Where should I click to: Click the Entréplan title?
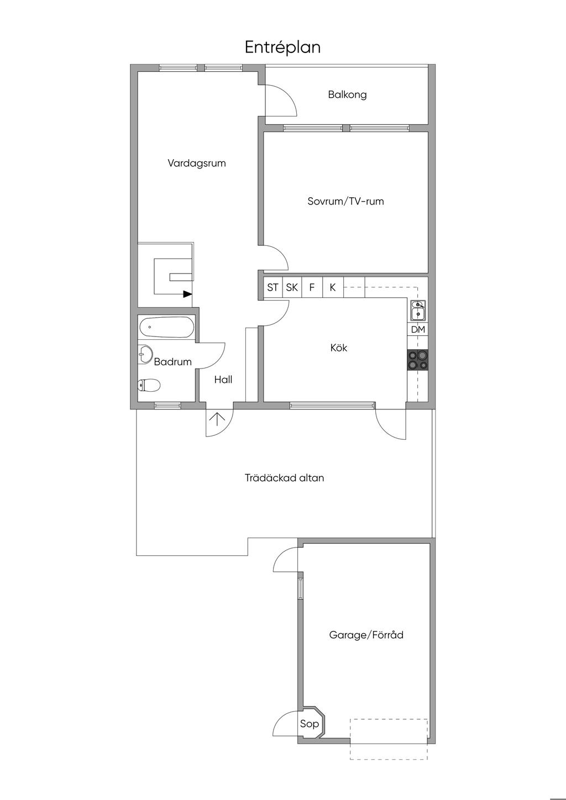point(282,48)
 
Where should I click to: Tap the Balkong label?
point(347,94)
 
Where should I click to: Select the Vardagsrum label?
point(197,164)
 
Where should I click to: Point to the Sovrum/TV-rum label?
point(345,201)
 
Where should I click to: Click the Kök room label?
point(339,348)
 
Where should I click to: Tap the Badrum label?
point(172,362)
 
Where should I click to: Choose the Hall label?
point(223,380)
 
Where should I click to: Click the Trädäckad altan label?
point(285,478)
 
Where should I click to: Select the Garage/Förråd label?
point(366,635)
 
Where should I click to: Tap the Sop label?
point(310,724)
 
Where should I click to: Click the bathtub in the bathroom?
point(166,327)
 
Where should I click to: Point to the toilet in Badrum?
point(149,385)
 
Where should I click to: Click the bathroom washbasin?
point(145,355)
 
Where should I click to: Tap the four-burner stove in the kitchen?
point(417,360)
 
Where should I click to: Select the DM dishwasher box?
point(418,329)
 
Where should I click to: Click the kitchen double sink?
point(418,310)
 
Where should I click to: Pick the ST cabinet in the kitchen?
point(272,287)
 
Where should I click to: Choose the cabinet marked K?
point(333,287)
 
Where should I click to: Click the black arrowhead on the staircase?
point(187,294)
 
